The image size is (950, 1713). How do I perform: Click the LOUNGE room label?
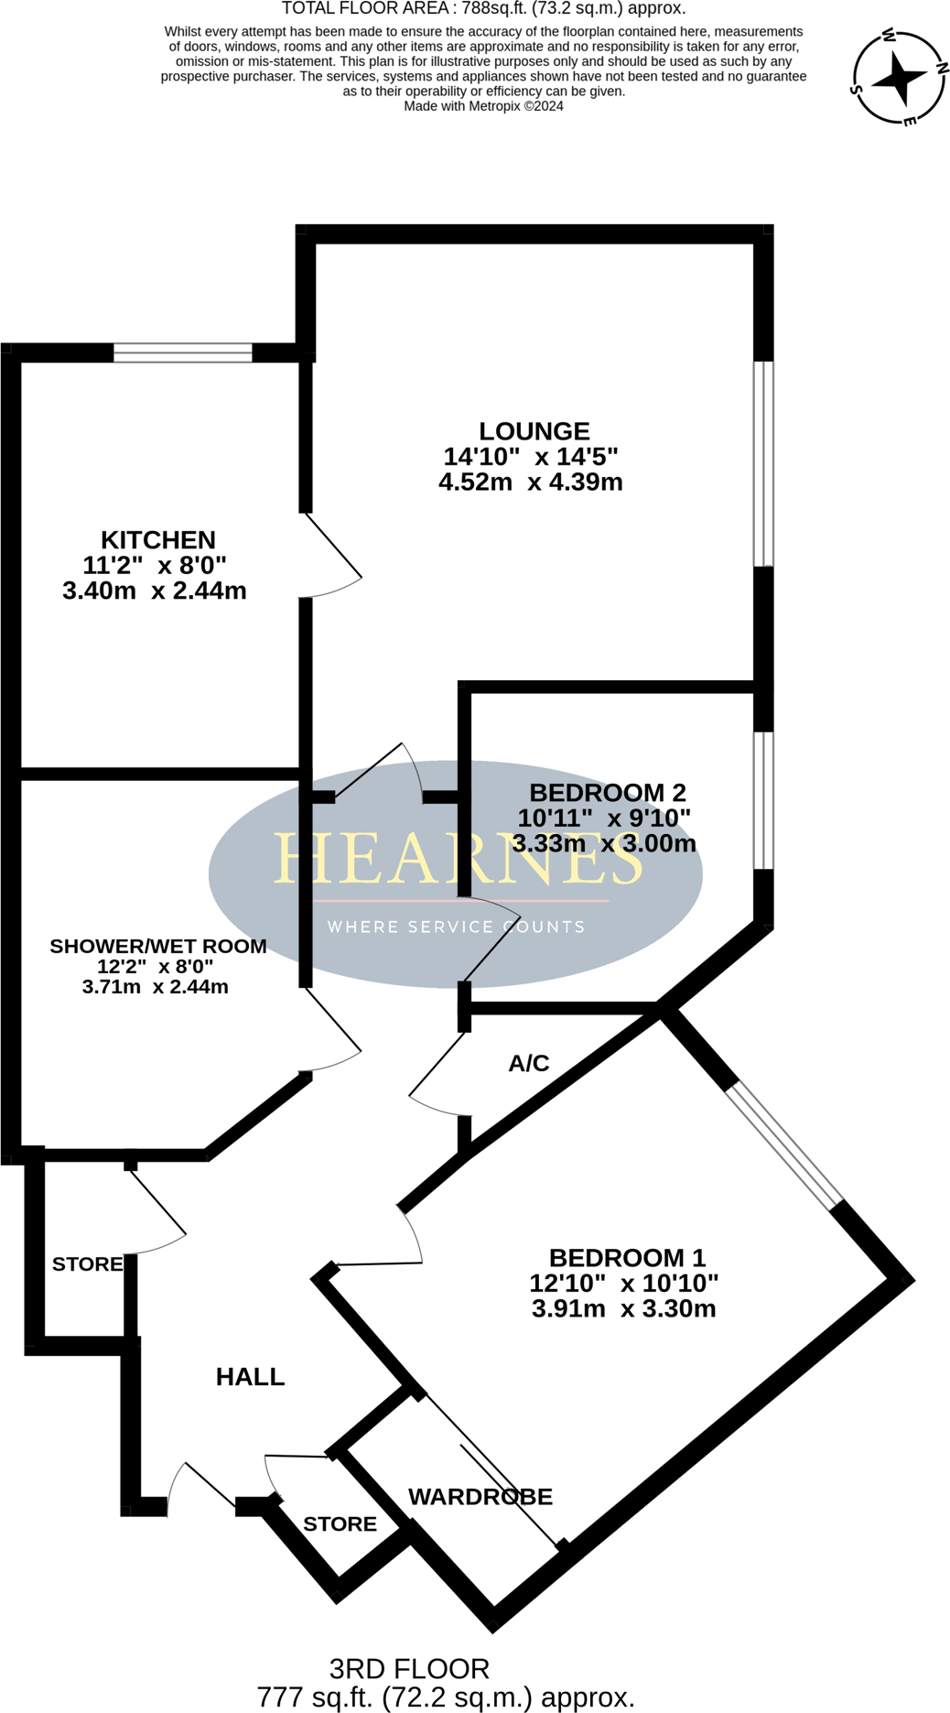[x=534, y=431]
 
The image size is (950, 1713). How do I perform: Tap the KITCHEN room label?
[x=158, y=540]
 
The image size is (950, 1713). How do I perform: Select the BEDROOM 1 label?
[x=628, y=1258]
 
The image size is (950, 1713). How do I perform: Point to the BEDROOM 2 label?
[x=608, y=793]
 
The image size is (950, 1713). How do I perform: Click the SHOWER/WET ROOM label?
[x=158, y=947]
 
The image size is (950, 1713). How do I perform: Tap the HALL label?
[x=250, y=1377]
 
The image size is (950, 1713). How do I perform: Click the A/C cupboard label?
[x=529, y=1064]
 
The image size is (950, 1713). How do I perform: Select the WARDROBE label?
[x=480, y=1497]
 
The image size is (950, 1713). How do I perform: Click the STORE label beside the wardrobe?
[x=340, y=1524]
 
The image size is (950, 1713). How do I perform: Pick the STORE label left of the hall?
[x=87, y=1264]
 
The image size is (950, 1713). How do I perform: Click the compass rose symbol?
[x=899, y=78]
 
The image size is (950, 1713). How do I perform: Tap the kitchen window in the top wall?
[x=183, y=352]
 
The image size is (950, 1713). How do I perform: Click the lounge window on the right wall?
[x=763, y=463]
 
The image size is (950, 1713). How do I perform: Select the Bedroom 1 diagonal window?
[x=784, y=1144]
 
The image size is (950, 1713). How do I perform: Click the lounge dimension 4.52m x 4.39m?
[x=531, y=482]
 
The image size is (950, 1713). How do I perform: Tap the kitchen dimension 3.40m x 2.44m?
[x=155, y=591]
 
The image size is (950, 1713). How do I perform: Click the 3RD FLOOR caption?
[x=409, y=1668]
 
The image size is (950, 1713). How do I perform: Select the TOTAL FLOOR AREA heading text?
[x=483, y=9]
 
